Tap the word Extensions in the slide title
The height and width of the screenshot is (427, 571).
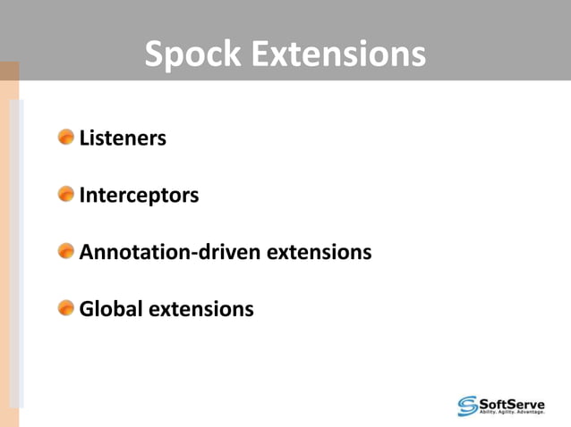tap(338, 54)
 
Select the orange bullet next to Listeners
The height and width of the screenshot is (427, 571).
tap(66, 138)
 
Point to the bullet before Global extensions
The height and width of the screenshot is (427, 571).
tap(66, 308)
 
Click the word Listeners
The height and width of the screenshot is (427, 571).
tap(123, 138)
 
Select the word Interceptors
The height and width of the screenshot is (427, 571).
tap(139, 195)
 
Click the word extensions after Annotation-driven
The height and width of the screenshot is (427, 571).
tap(318, 252)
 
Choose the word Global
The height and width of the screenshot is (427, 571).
tap(110, 309)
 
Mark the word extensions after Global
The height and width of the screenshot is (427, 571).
tap(200, 309)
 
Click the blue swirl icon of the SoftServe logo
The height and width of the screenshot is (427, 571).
tap(468, 405)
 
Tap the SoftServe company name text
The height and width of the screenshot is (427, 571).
tap(518, 401)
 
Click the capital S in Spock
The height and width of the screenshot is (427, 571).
tap(153, 54)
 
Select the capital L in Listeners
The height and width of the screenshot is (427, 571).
tap(84, 138)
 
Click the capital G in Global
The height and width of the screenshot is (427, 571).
tap(87, 309)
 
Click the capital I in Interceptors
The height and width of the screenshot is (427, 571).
tap(82, 195)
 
